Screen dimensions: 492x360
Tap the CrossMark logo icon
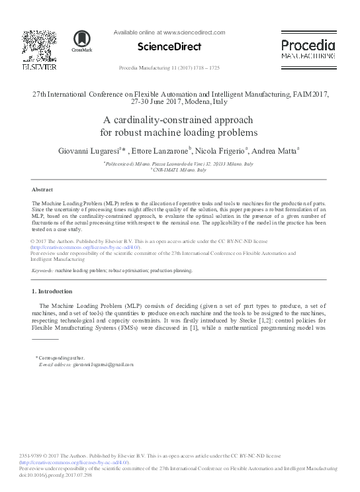tap(82, 40)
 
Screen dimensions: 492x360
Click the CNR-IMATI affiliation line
tap(180, 170)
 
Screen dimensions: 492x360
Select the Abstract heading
tap(42, 189)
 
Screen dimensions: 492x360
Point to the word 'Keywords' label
tap(42, 271)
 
